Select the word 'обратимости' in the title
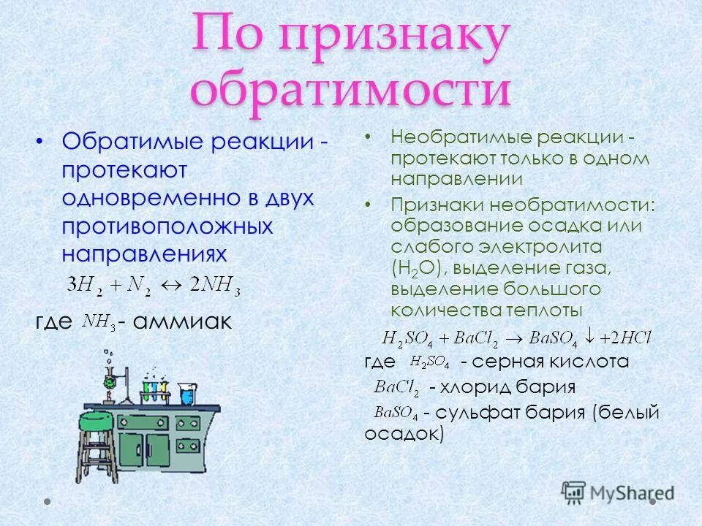coord(350,94)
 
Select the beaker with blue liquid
coord(187,395)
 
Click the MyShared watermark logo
coord(618,493)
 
